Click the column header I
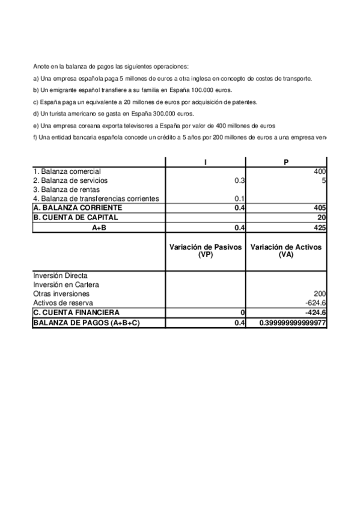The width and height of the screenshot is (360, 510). click(x=206, y=162)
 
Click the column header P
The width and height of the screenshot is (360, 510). click(x=285, y=162)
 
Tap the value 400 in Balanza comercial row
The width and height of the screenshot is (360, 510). click(x=320, y=171)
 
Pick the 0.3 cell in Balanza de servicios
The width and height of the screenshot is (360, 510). click(x=240, y=180)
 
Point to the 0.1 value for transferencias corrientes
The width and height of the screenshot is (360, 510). click(x=240, y=198)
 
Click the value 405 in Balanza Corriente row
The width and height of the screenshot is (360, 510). click(x=320, y=207)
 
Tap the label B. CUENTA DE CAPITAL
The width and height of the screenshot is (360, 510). click(x=76, y=217)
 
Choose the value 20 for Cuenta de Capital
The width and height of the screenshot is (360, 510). click(x=322, y=217)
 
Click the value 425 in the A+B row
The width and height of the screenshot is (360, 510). click(x=320, y=227)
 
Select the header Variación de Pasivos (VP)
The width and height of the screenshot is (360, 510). click(x=205, y=251)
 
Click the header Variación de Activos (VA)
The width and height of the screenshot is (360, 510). click(x=286, y=251)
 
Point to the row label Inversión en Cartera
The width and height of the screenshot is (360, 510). click(x=66, y=284)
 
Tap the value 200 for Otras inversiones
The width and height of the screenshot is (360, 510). click(x=320, y=293)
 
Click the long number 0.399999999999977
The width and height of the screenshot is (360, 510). click(x=293, y=323)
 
